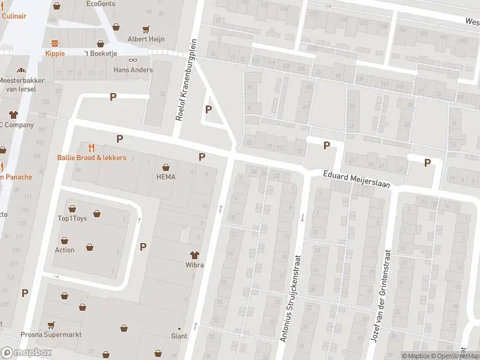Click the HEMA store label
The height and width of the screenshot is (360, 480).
[166, 177]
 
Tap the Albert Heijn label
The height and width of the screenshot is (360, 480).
[145, 39]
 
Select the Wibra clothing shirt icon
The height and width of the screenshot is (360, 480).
[194, 255]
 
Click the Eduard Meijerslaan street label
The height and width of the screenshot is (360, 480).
[357, 181]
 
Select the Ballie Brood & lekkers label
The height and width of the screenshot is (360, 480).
[92, 158]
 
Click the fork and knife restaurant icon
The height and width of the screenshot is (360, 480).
[92, 147]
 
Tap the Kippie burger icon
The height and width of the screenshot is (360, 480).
[55, 43]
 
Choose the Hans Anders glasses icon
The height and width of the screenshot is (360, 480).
[133, 59]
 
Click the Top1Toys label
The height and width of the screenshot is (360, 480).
[72, 218]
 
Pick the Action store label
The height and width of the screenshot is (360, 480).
[65, 250]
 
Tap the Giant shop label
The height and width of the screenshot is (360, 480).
[179, 336]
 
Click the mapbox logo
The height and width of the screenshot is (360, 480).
[26, 352]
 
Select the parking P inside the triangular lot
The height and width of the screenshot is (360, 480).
[208, 109]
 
